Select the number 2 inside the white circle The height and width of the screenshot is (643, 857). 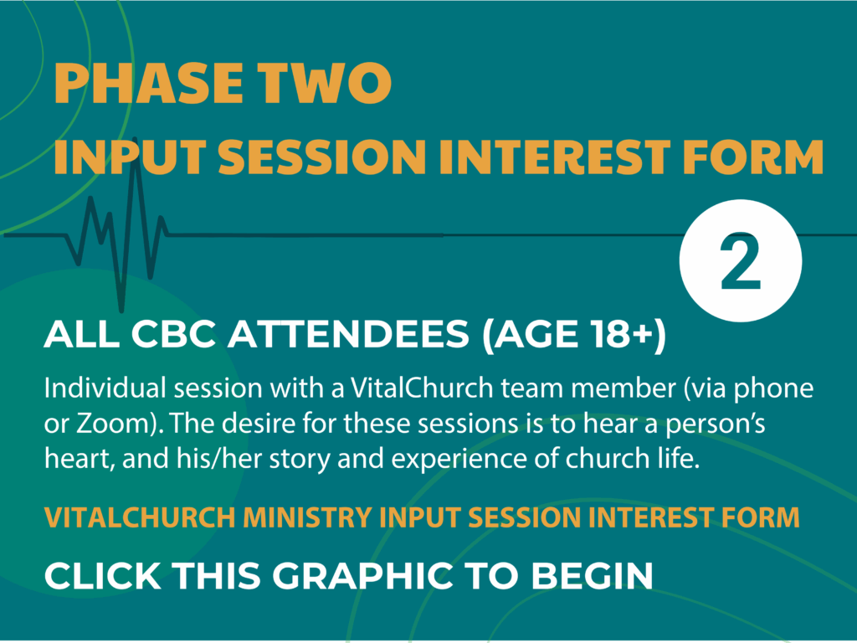pyautogui.click(x=741, y=262)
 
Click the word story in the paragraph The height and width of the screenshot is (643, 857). pyautogui.click(x=300, y=459)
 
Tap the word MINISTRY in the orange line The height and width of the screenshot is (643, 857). pyautogui.click(x=306, y=517)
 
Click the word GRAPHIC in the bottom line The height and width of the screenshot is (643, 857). pyautogui.click(x=362, y=575)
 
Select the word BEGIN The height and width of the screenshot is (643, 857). pyautogui.click(x=593, y=575)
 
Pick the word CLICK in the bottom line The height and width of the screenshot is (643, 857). pyautogui.click(x=103, y=575)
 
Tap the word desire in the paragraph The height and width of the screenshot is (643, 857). pyautogui.click(x=259, y=424)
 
